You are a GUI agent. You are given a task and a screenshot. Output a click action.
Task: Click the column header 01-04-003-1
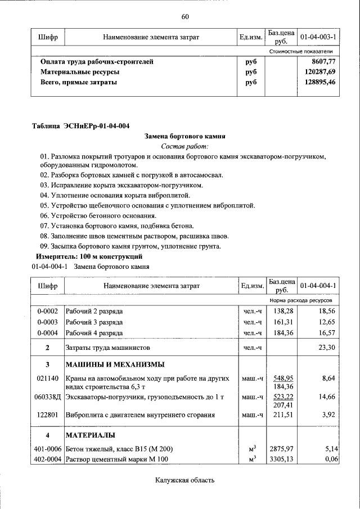tap(318, 37)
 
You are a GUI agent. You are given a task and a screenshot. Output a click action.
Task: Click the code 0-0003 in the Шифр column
tap(47, 322)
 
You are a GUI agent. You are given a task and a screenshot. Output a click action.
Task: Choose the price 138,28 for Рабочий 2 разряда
tap(280, 311)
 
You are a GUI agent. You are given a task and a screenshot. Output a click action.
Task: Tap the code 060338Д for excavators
tap(48, 397)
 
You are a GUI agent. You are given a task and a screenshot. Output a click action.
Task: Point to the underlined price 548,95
tap(280, 379)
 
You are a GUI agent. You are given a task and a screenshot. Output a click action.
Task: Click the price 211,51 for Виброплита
tap(280, 416)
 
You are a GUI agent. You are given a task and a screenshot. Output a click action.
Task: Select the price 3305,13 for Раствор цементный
tap(280, 460)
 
